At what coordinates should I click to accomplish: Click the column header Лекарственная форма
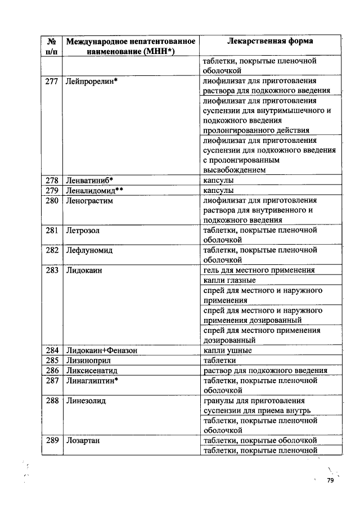(x=270, y=41)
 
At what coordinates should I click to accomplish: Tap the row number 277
(x=52, y=81)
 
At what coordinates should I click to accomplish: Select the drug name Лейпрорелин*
(x=91, y=81)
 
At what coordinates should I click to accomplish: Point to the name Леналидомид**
(x=94, y=190)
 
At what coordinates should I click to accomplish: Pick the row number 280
(x=52, y=200)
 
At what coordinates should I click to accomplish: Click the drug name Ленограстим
(x=90, y=200)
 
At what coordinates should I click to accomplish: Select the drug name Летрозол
(x=83, y=230)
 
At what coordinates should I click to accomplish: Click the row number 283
(x=52, y=271)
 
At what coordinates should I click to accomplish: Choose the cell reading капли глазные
(x=229, y=280)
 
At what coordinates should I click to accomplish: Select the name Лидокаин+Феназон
(x=102, y=350)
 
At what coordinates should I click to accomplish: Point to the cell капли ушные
(x=227, y=350)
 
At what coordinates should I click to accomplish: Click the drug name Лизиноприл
(x=88, y=361)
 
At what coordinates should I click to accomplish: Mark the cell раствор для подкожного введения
(x=265, y=371)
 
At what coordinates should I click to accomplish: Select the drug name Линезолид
(x=86, y=400)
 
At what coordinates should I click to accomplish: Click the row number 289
(x=52, y=440)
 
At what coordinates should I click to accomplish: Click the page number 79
(x=330, y=481)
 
